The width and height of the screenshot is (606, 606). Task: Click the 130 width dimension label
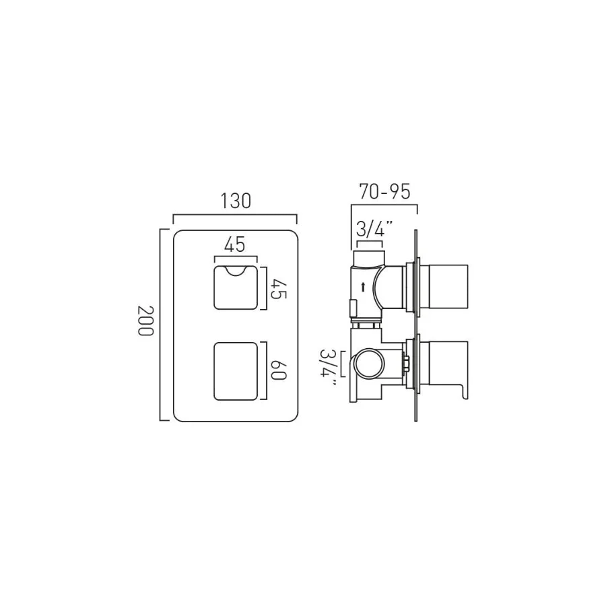tap(236, 201)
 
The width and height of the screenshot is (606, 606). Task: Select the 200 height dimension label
tap(146, 321)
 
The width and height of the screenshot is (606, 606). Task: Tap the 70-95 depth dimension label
tap(384, 191)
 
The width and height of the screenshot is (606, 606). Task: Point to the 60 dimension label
tap(278, 370)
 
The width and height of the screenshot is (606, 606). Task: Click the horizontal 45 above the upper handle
tap(236, 244)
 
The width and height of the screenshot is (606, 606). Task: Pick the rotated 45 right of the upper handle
tap(279, 289)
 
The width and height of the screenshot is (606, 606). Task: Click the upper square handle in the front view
tap(236, 288)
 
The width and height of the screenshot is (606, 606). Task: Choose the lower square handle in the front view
tap(236, 371)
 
